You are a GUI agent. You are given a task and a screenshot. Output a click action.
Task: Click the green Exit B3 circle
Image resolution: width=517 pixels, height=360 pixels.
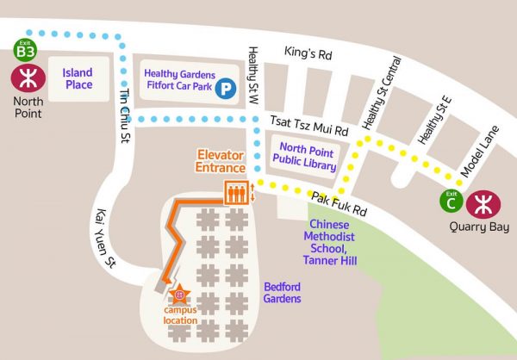(x=24, y=50)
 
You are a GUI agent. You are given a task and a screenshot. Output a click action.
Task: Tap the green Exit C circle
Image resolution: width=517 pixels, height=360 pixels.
(x=450, y=202)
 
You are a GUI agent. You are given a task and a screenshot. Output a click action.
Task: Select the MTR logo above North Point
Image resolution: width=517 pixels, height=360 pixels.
(x=24, y=78)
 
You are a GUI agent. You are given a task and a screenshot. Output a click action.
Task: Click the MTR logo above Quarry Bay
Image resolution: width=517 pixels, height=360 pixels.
(x=481, y=203)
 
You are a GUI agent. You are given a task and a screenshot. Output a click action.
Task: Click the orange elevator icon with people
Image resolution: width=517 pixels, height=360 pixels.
(x=235, y=193)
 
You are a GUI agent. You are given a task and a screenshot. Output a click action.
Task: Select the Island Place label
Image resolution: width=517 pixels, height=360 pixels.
(x=77, y=78)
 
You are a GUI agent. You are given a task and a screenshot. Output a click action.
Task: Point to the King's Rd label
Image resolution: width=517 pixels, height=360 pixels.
(x=308, y=53)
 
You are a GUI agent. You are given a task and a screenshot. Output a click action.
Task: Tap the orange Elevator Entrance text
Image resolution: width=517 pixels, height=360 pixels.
(x=221, y=161)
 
